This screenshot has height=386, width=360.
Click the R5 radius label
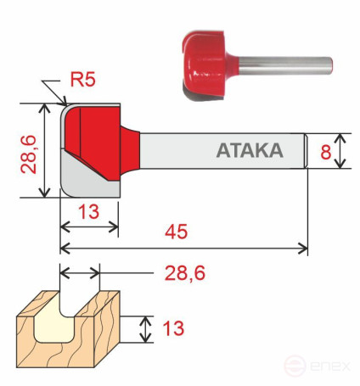click(x=83, y=82)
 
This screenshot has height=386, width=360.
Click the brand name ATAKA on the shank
click(x=249, y=151)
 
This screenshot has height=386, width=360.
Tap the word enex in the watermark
click(x=331, y=367)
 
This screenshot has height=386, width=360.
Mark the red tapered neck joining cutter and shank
click(x=132, y=151)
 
